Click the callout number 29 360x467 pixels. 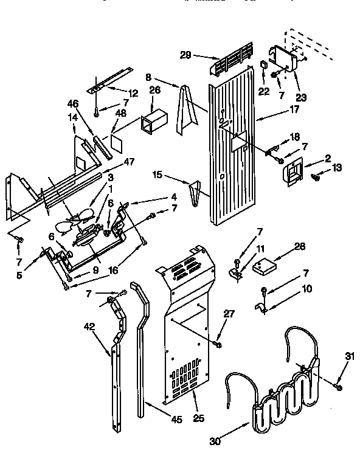click(186, 55)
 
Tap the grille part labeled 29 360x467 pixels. click(234, 61)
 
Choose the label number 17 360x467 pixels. click(277, 111)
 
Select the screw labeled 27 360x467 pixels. click(218, 345)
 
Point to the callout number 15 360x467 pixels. click(156, 175)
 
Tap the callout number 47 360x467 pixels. click(128, 162)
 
